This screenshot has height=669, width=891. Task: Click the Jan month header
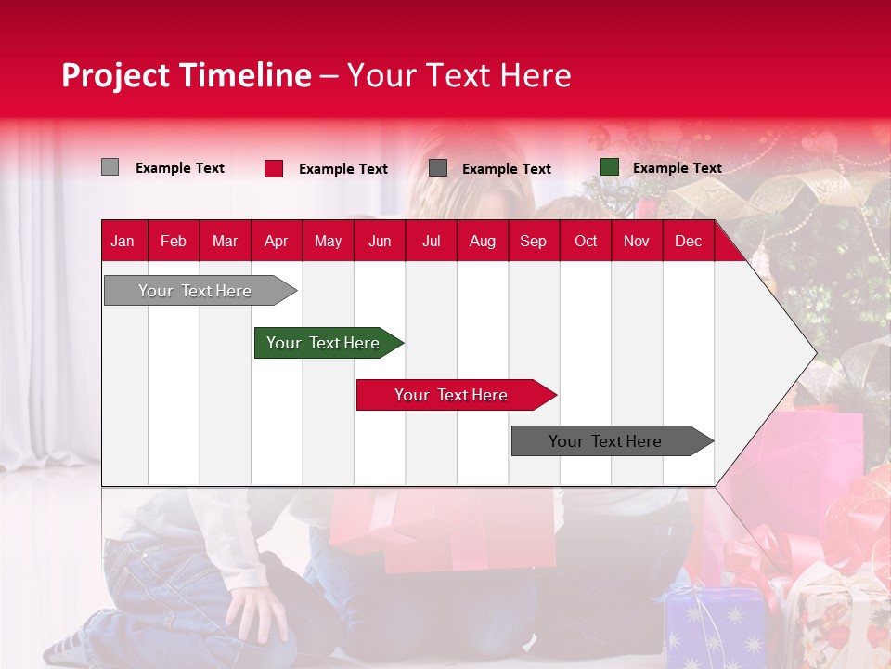tap(123, 241)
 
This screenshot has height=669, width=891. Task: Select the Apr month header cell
tap(277, 241)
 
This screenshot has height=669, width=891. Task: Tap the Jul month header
tap(431, 241)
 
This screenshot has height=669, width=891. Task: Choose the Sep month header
tap(534, 241)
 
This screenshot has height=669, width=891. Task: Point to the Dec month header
tap(688, 241)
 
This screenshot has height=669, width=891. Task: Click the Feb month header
tap(174, 241)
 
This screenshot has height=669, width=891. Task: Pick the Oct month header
tap(586, 241)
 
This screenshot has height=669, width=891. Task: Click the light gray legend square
tap(110, 167)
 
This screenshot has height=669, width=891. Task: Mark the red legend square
tap(274, 168)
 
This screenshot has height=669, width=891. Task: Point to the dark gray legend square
tap(438, 168)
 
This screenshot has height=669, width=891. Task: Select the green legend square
tap(610, 167)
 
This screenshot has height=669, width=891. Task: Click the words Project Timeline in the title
tap(186, 75)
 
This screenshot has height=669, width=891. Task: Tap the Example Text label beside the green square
tap(677, 168)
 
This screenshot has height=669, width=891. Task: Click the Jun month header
tap(380, 241)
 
